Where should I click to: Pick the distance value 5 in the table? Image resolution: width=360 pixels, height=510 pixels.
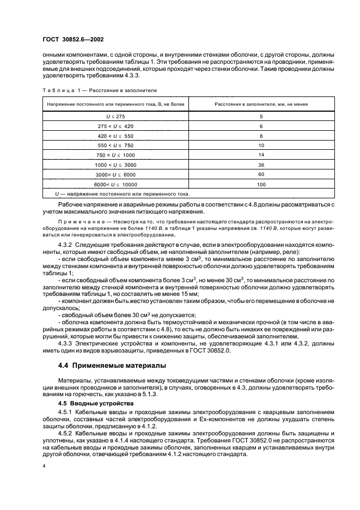[x=261, y=117]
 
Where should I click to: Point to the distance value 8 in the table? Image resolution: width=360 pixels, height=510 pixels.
[x=261, y=136]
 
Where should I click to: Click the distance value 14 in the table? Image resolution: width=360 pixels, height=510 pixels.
[x=261, y=155]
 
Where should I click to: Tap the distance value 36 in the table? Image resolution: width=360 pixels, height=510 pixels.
[x=261, y=165]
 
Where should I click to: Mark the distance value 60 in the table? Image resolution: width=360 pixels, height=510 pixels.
[x=261, y=174]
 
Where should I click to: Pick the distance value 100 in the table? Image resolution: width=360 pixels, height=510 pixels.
[x=261, y=184]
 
